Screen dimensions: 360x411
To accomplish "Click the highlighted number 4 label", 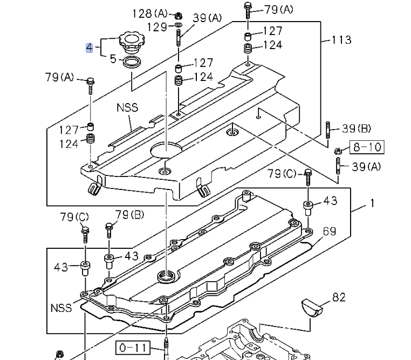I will point(89,47).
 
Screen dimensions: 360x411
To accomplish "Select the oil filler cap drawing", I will point(129,42).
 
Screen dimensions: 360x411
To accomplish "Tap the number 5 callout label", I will point(113,58).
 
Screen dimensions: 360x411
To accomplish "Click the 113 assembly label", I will point(341,39).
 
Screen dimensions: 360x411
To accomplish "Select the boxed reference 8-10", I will point(367,146).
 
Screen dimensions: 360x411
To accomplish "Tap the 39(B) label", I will point(357,128).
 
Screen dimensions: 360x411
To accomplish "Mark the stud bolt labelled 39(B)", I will point(327,131).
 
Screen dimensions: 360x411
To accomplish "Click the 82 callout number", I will point(339,297).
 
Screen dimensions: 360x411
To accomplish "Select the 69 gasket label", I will point(330,231).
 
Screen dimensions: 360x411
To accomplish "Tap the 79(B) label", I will point(129,215).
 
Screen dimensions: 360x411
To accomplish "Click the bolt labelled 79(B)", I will point(109,229).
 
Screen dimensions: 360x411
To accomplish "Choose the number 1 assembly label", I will point(372,204).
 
